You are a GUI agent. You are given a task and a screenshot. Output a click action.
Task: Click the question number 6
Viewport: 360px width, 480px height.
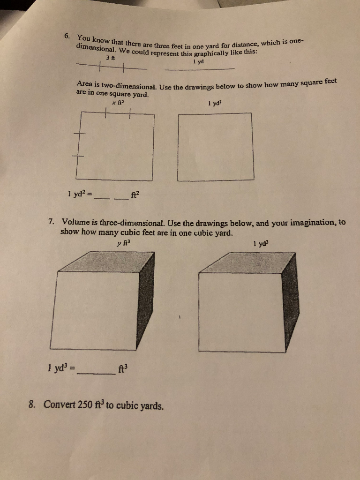(67, 36)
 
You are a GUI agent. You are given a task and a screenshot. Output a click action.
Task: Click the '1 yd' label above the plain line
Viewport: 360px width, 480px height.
(196, 61)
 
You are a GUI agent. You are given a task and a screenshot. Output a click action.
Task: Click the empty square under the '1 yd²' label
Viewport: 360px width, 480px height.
(216, 146)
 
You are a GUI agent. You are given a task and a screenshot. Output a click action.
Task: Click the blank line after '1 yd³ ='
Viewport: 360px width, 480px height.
(97, 373)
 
